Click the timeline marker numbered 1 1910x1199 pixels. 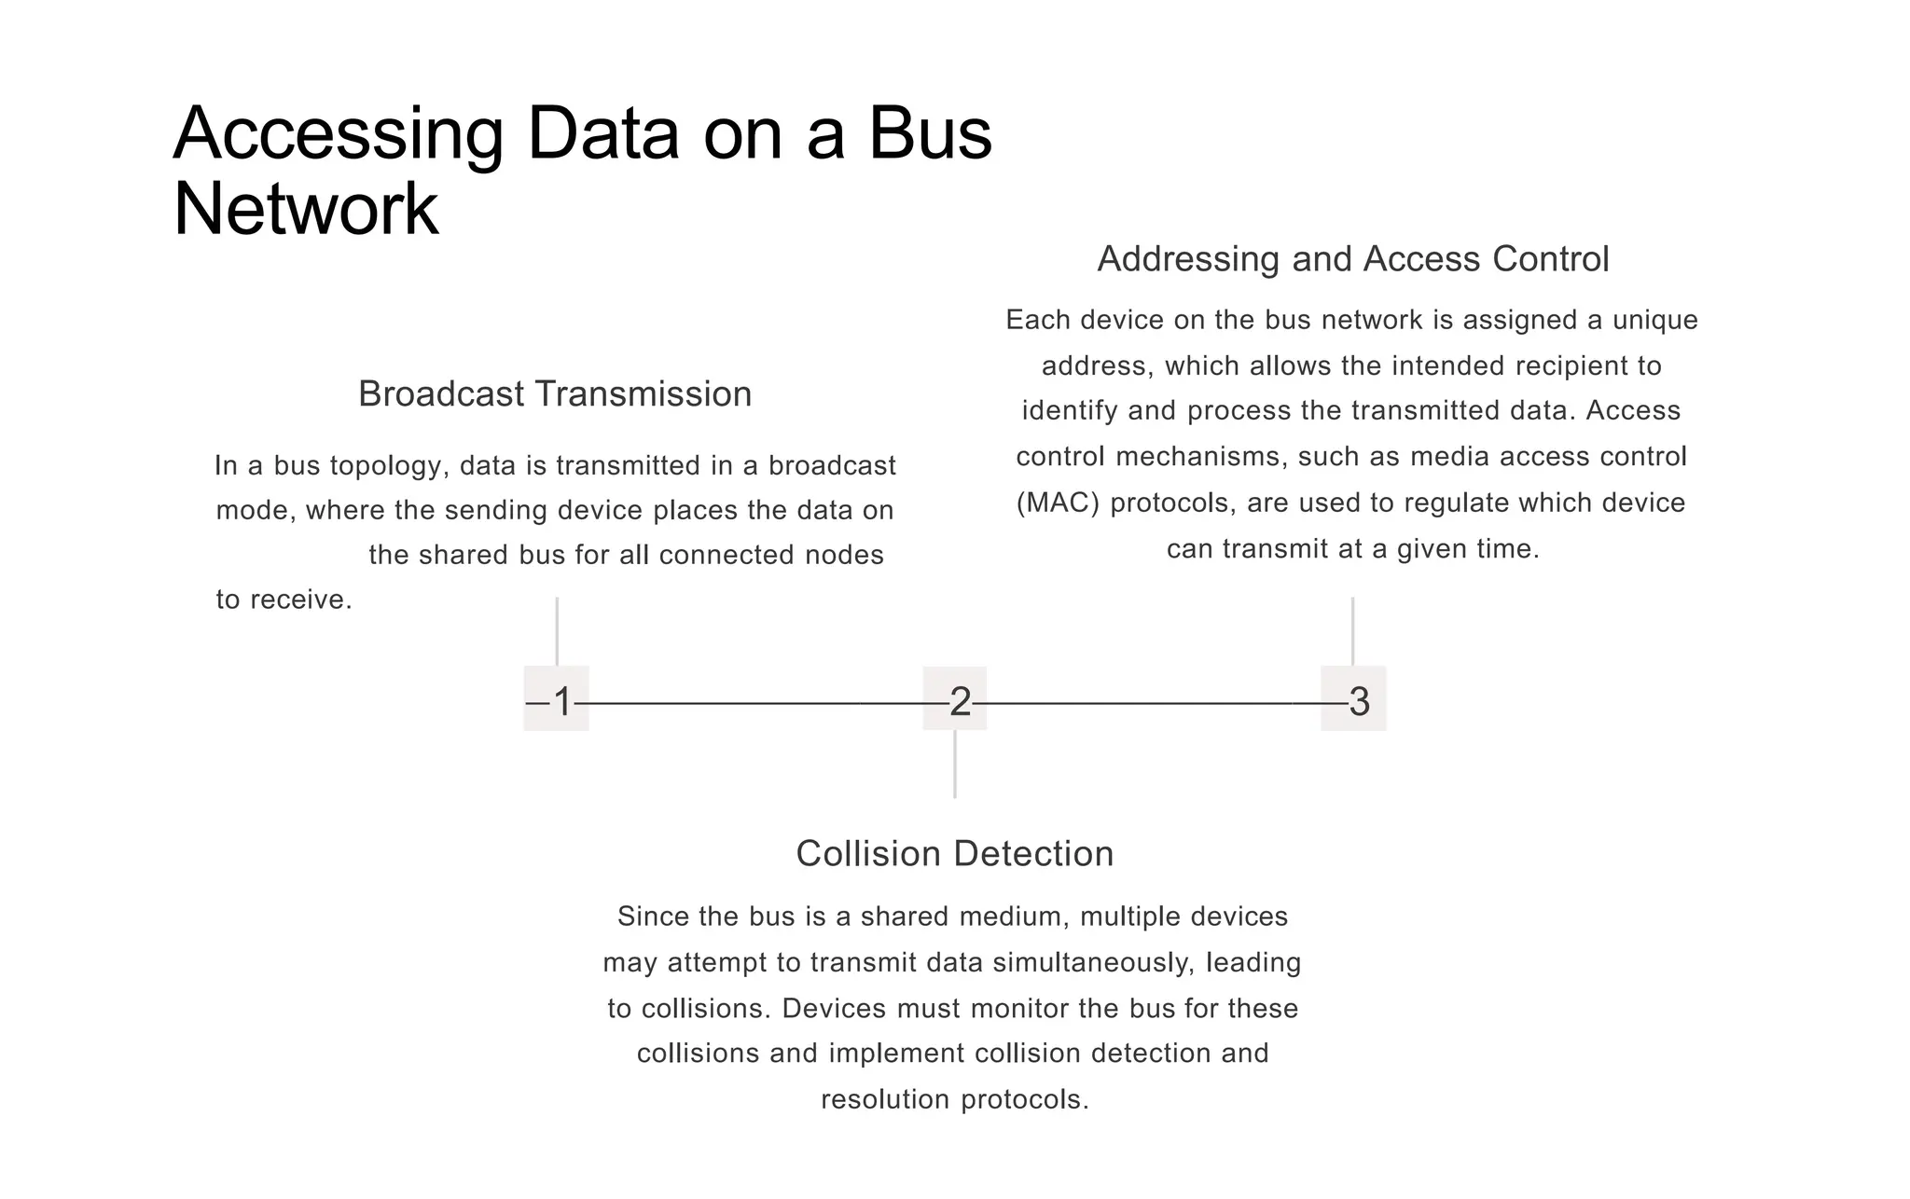coord(557,699)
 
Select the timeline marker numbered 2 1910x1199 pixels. coord(956,700)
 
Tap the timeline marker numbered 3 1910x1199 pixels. coord(1354,700)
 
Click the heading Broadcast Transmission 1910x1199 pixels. coord(555,394)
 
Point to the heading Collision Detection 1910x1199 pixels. coord(954,854)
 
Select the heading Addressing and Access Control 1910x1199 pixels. coord(1353,259)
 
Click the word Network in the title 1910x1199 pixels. coord(306,210)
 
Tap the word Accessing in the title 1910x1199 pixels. coord(339,134)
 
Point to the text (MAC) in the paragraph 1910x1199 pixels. coord(1058,503)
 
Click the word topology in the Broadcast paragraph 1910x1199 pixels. coord(386,465)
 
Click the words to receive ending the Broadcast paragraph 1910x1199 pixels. coord(284,599)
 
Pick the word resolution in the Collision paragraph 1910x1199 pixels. coord(885,1099)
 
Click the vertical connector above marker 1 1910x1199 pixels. coord(557,631)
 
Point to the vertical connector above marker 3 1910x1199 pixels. coord(1353,631)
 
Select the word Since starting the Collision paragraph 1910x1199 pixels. coord(651,916)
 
